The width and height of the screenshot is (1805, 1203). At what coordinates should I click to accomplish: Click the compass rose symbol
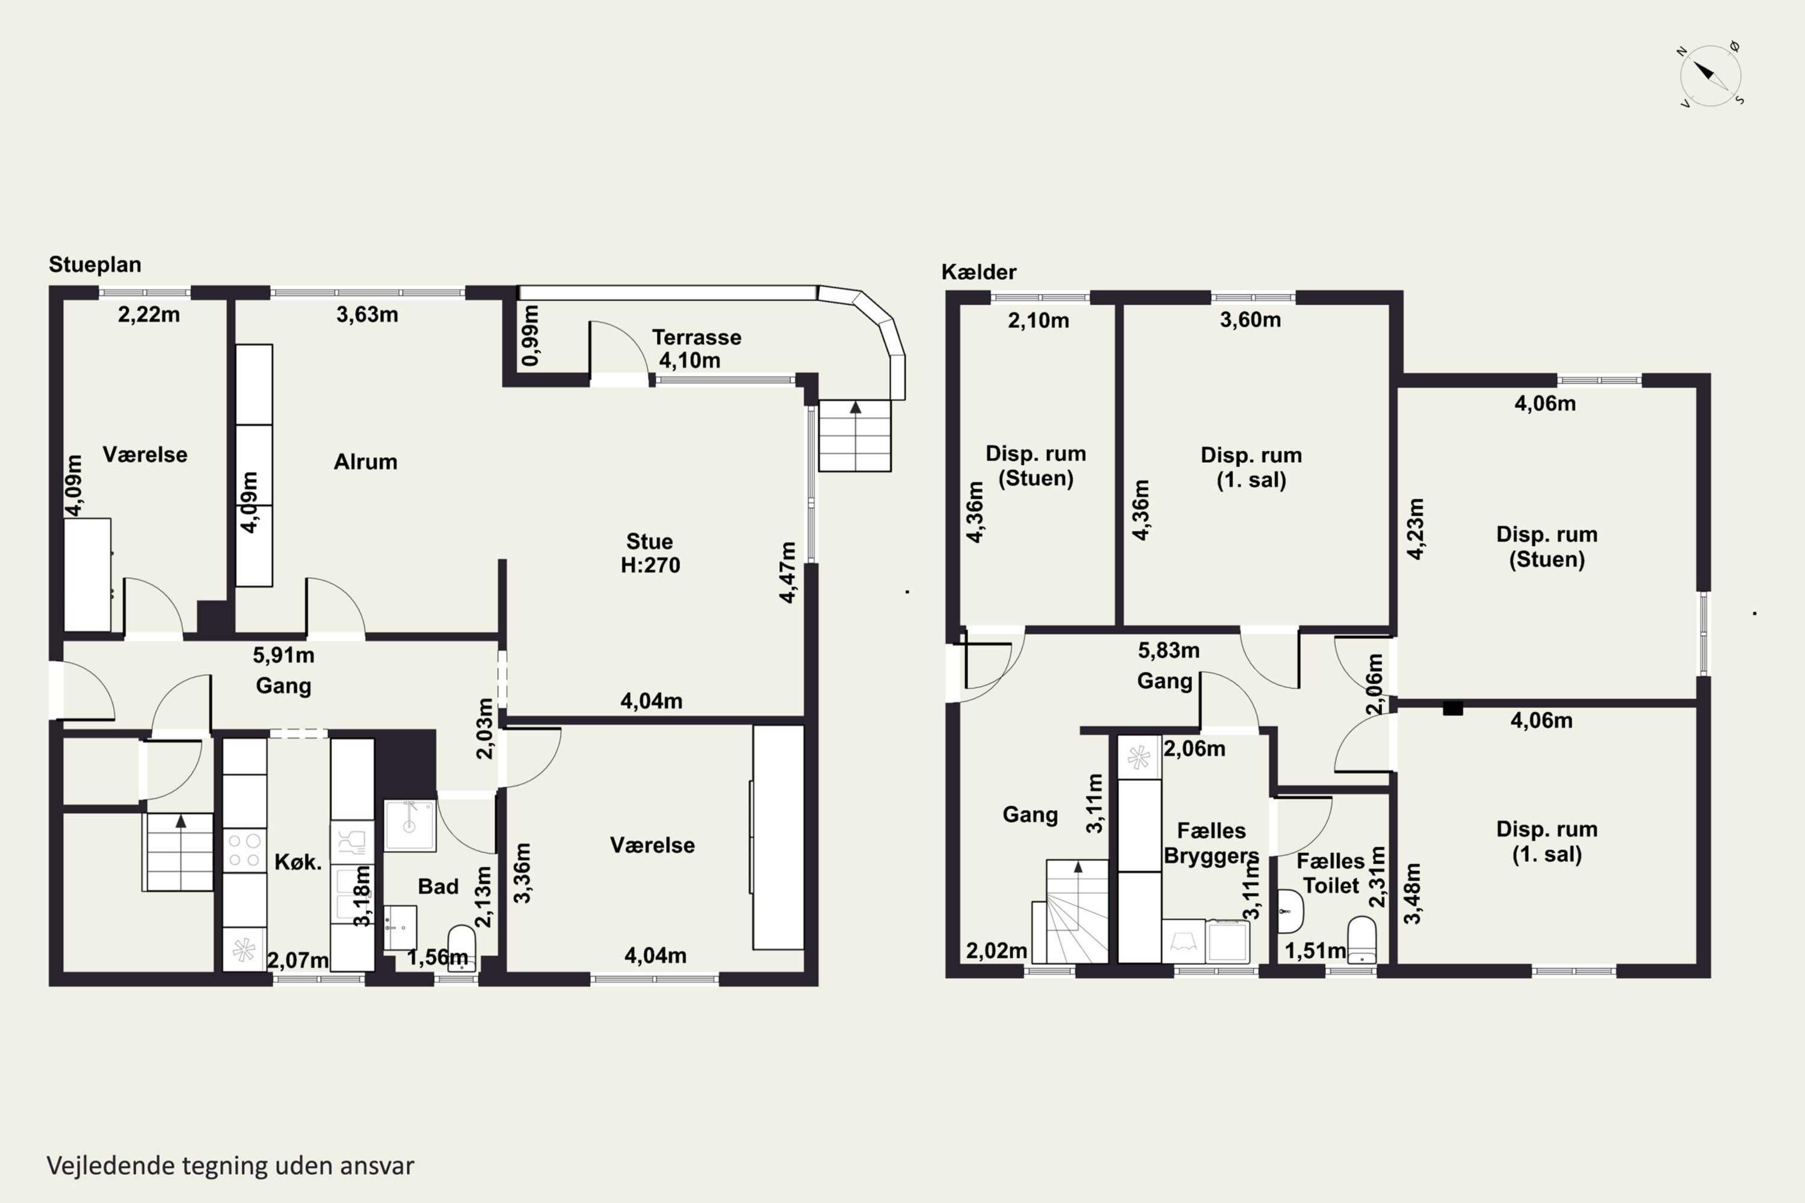(x=1710, y=75)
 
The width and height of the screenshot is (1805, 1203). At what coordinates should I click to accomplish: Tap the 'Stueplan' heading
(x=95, y=265)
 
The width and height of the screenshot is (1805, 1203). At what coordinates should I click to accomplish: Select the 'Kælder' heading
(x=978, y=272)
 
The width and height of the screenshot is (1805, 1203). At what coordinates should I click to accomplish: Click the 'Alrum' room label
(x=365, y=462)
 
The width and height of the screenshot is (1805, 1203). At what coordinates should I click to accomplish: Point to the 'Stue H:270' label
(x=650, y=553)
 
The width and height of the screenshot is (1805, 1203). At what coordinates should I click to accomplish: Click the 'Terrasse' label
(x=697, y=337)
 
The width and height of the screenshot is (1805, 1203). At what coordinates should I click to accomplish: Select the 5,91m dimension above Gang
(x=284, y=655)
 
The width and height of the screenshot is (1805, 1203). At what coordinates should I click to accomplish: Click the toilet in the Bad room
(x=461, y=949)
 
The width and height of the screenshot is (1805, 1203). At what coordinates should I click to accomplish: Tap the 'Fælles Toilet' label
(x=1331, y=873)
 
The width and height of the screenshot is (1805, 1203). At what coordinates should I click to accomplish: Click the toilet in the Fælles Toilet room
(x=1362, y=940)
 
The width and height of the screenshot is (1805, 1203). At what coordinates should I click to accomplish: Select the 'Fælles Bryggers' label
(x=1212, y=843)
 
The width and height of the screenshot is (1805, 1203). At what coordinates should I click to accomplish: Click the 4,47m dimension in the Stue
(x=788, y=573)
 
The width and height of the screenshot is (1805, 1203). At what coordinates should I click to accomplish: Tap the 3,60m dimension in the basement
(x=1250, y=320)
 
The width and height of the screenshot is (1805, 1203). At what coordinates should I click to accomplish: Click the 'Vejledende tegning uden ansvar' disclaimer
(x=230, y=1166)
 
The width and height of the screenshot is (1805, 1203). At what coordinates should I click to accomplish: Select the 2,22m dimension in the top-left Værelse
(x=149, y=315)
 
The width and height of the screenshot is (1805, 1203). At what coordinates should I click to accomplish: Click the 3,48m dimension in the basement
(x=1413, y=893)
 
